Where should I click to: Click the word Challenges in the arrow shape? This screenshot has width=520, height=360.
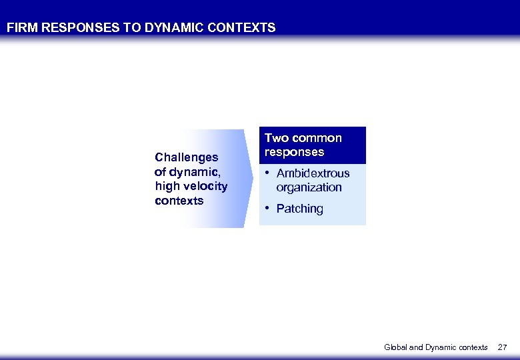[186, 157]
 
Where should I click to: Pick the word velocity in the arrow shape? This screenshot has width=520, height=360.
[203, 186]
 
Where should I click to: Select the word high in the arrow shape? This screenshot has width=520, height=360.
[166, 186]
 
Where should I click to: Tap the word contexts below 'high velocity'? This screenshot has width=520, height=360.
[179, 201]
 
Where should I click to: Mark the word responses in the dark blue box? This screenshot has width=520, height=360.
[294, 152]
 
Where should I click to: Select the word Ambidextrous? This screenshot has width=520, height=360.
[313, 173]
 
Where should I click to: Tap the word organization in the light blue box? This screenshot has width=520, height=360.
[309, 187]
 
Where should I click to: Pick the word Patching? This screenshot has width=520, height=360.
[299, 209]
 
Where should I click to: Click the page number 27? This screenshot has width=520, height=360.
[503, 347]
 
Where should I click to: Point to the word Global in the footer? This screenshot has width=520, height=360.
[395, 347]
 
